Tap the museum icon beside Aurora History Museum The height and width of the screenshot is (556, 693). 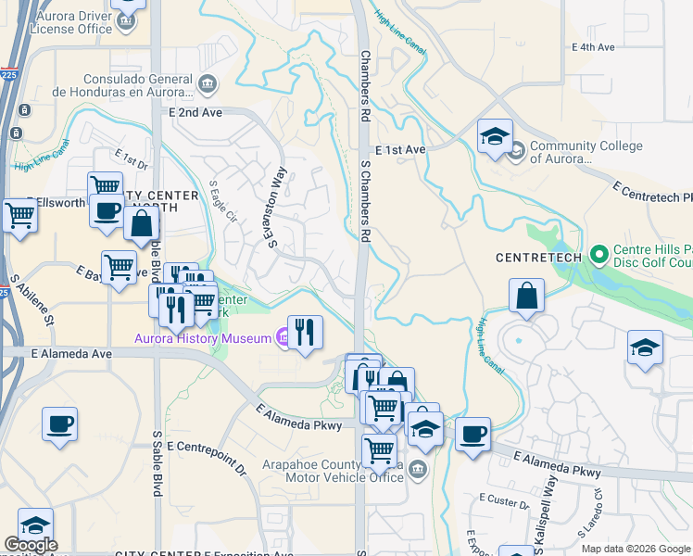coord(283,335)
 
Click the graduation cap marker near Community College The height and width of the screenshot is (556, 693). coord(495,136)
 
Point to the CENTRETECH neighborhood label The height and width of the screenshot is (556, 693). coord(538,256)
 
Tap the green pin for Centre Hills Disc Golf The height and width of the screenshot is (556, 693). coord(598,252)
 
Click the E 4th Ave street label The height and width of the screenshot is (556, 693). coord(593,46)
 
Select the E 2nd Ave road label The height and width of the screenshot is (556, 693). coord(195,112)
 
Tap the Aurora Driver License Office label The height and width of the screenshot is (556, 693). coord(72,21)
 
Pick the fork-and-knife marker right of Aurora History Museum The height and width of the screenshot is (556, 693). coord(305,329)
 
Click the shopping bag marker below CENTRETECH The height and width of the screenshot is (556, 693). coord(526,296)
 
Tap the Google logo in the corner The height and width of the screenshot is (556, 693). coord(30,545)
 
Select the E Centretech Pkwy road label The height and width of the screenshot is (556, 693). coord(652,192)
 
